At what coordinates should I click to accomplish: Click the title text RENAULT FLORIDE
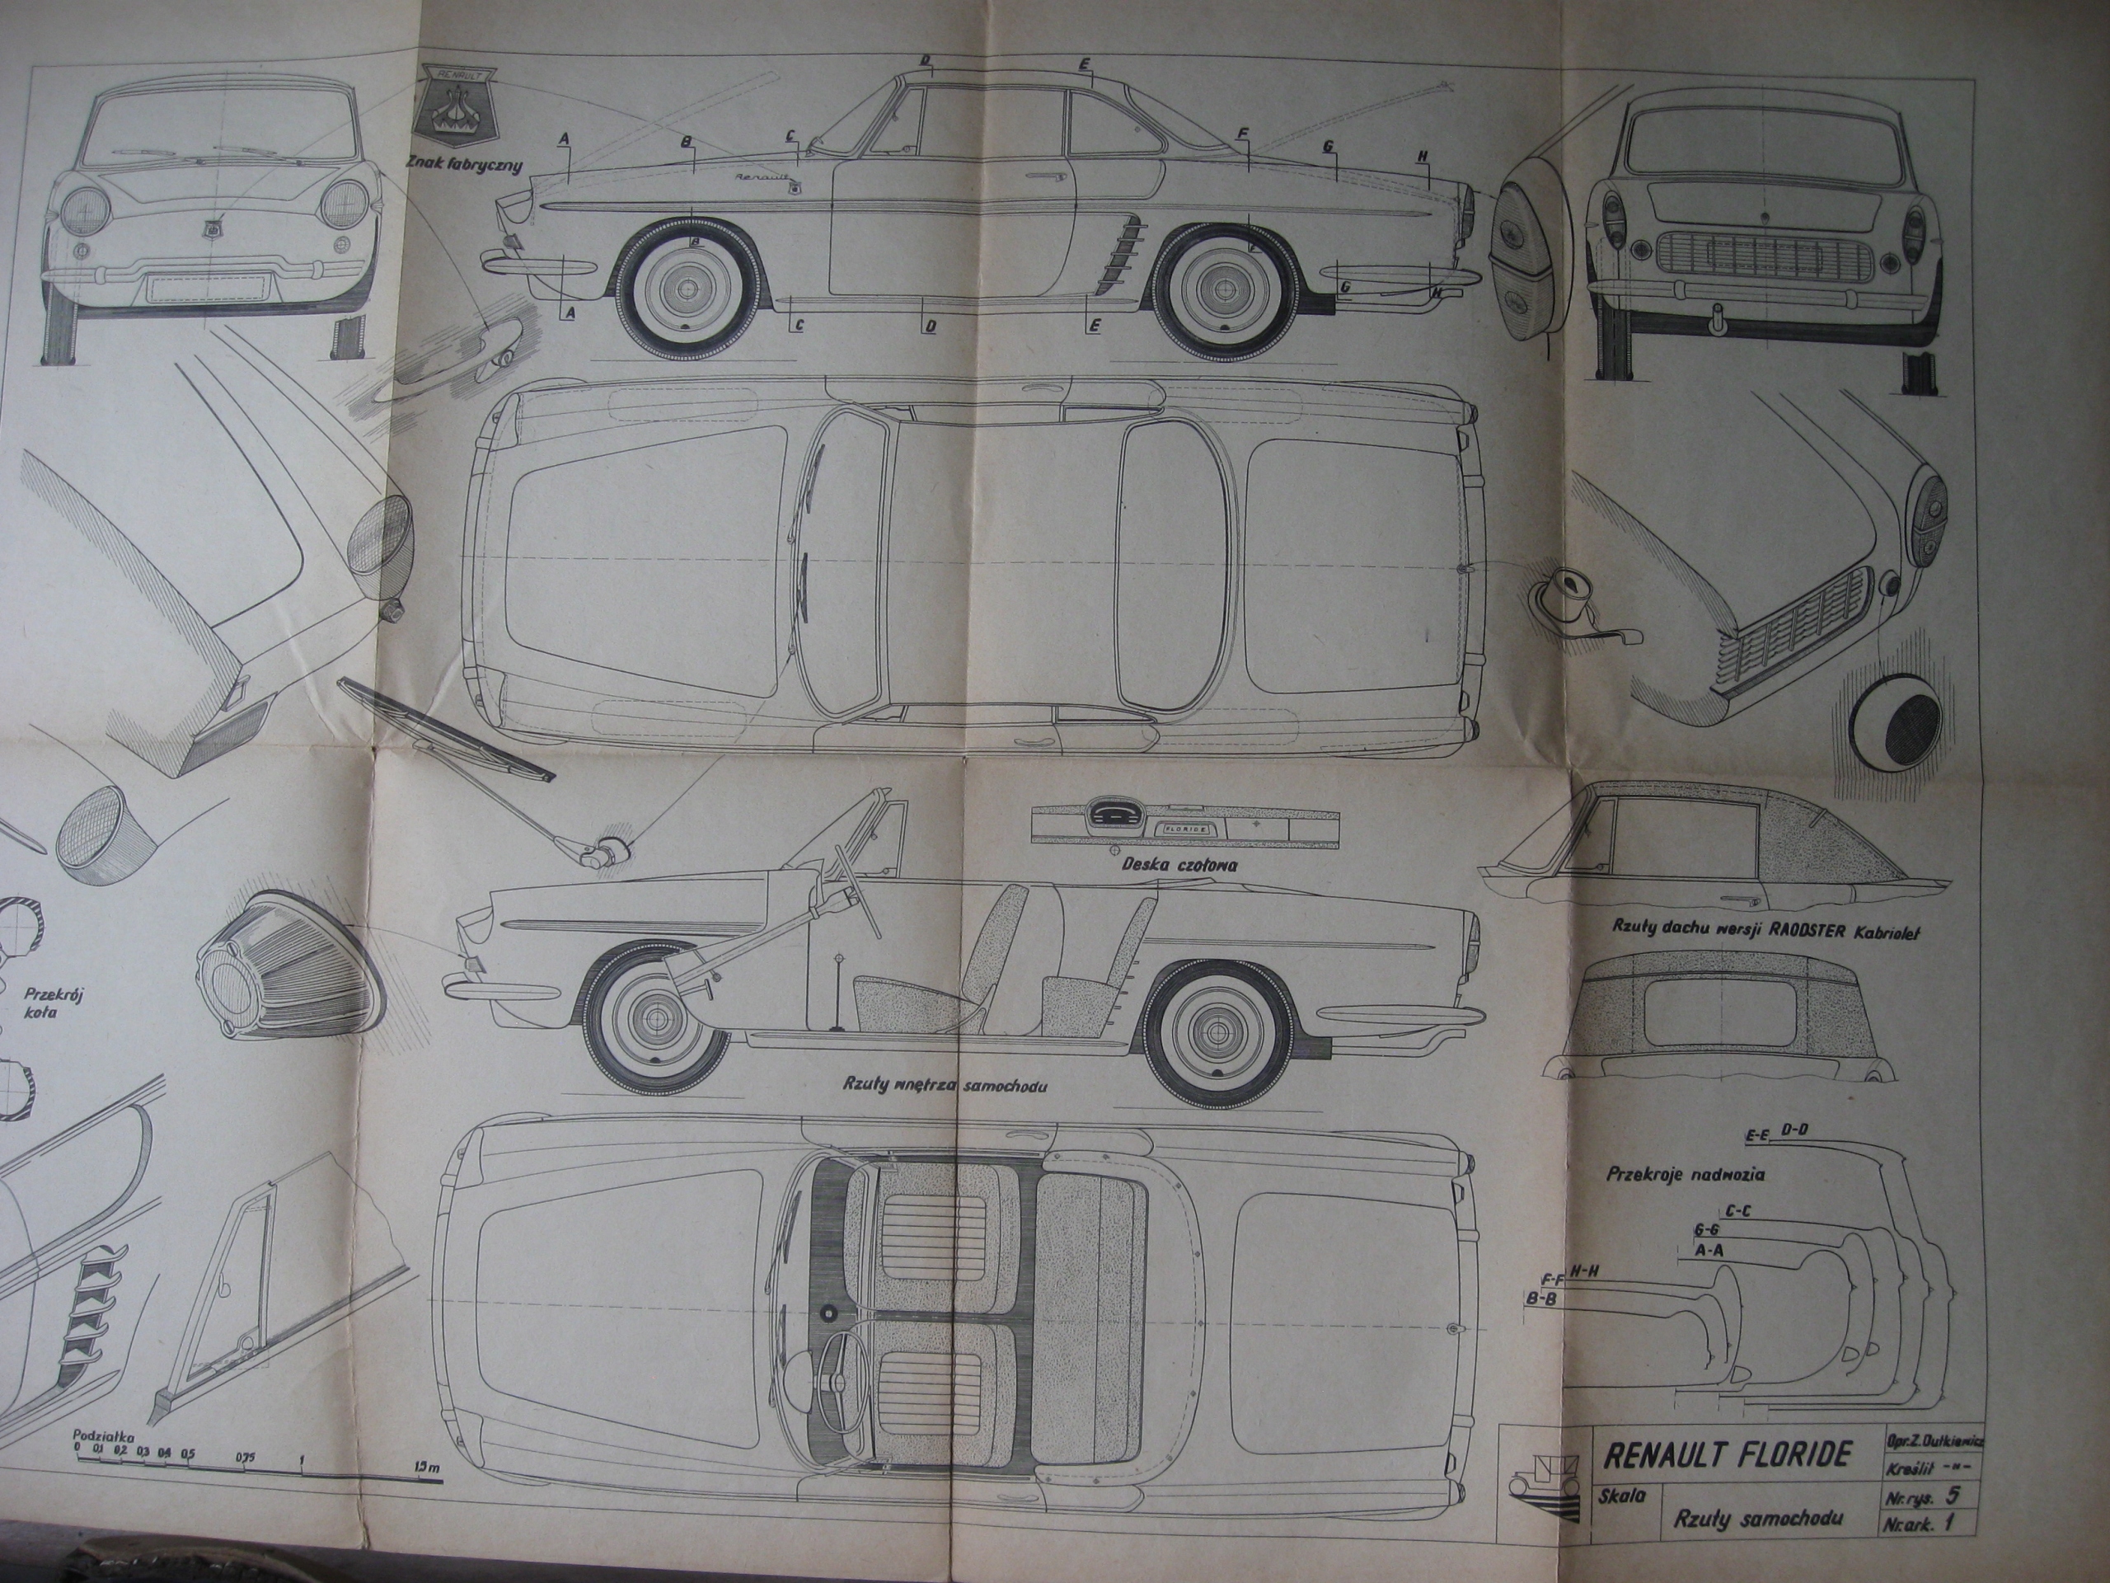click(x=1728, y=1454)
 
